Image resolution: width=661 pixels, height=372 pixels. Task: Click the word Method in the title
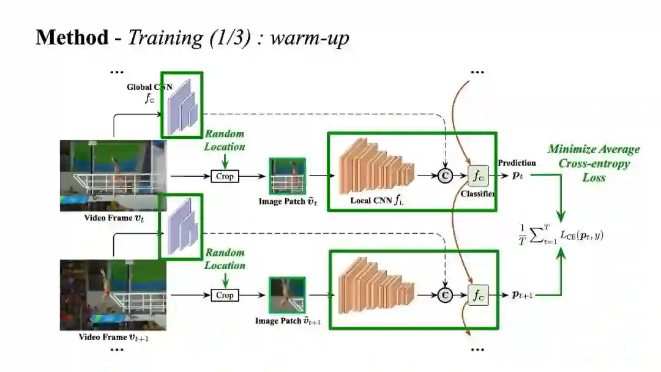pyautogui.click(x=72, y=37)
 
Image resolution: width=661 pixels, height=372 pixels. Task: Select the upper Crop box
pyautogui.click(x=225, y=176)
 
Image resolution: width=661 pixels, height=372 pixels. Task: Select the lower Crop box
pyautogui.click(x=225, y=295)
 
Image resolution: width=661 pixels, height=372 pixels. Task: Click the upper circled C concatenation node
pyautogui.click(x=446, y=176)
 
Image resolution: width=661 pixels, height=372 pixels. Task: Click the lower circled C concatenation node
pyautogui.click(x=446, y=295)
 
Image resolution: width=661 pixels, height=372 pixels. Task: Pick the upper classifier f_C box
pyautogui.click(x=477, y=176)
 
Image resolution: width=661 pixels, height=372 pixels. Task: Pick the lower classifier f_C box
pyautogui.click(x=477, y=295)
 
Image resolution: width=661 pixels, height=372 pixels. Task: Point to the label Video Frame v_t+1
pyautogui.click(x=114, y=337)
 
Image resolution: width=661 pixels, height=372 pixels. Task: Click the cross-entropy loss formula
pyautogui.click(x=560, y=233)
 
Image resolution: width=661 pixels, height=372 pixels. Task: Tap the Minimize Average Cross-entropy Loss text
pyautogui.click(x=593, y=163)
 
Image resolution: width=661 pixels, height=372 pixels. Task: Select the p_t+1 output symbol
pyautogui.click(x=522, y=295)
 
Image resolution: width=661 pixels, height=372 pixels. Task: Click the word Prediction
pyautogui.click(x=517, y=163)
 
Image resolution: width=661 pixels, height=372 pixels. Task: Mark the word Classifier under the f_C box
pyautogui.click(x=477, y=193)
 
